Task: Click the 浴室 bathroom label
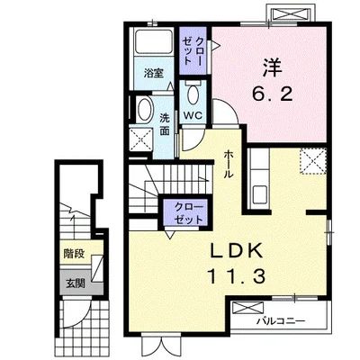tap(154, 73)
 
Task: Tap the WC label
tap(193, 115)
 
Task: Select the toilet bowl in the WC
tap(193, 94)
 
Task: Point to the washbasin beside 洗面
tap(144, 110)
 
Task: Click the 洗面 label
tap(164, 124)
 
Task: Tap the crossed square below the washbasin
tap(141, 139)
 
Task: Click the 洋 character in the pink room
tap(273, 67)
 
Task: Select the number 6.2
tap(272, 95)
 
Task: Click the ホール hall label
tap(229, 164)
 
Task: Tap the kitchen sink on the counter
tap(260, 194)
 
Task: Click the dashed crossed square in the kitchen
tap(313, 161)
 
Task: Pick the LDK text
tap(236, 251)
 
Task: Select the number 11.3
tap(236, 276)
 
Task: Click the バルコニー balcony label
tap(281, 321)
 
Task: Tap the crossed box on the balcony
tap(247, 308)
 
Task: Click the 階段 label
tap(74, 254)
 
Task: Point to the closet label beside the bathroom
tap(191, 50)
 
